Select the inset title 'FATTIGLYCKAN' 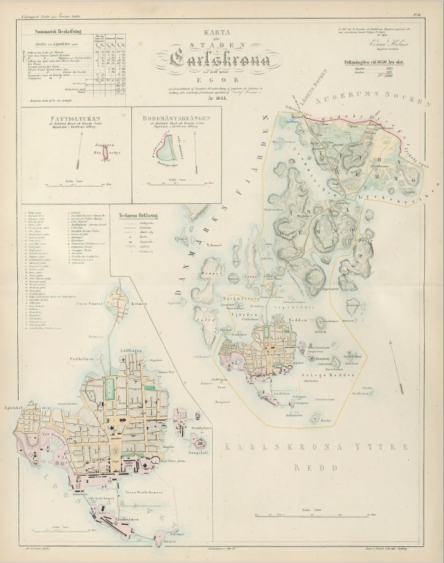pos(76,116)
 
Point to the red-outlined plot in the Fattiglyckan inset pos(105,151)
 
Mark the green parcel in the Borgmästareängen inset pos(164,148)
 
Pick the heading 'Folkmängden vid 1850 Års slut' pos(382,62)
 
